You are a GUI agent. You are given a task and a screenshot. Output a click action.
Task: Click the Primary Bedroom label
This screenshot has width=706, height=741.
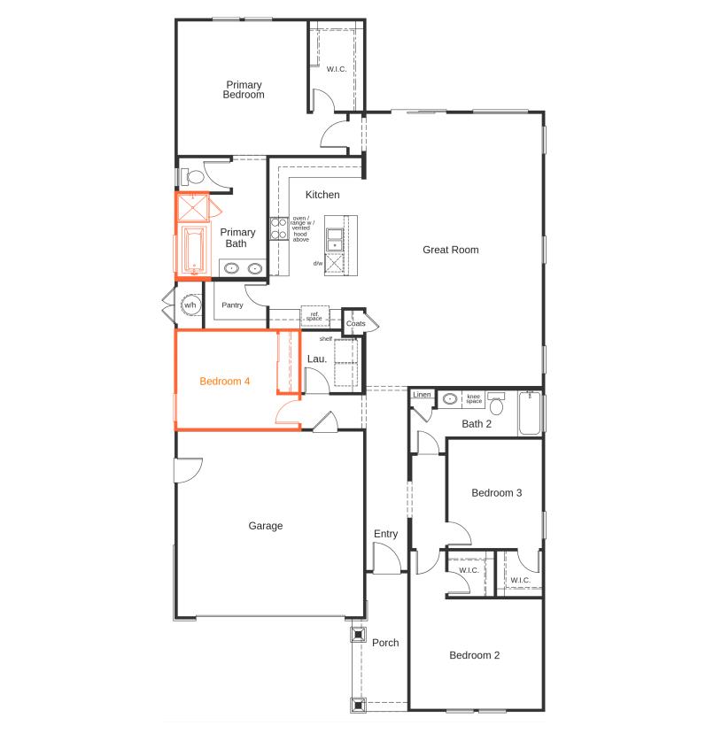click(x=243, y=89)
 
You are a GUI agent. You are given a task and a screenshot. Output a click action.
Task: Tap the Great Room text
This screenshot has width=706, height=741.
click(x=450, y=250)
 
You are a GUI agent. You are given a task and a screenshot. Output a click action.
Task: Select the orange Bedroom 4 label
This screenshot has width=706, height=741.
click(x=224, y=382)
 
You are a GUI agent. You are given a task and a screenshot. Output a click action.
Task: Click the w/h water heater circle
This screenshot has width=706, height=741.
click(x=190, y=305)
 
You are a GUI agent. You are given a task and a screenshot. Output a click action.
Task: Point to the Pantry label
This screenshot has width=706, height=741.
click(x=232, y=305)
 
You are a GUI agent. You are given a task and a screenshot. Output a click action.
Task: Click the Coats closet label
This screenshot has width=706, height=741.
click(x=355, y=324)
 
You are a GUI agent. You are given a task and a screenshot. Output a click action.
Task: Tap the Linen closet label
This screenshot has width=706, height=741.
click(x=421, y=395)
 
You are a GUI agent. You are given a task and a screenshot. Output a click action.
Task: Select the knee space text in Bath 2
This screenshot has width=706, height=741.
click(x=474, y=399)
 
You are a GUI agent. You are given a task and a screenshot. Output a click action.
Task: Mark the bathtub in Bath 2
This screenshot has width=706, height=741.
click(x=530, y=414)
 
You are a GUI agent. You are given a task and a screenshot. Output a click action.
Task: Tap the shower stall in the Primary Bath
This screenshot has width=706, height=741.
click(x=192, y=207)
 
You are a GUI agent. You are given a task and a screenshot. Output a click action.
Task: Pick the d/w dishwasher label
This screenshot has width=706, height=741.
click(x=317, y=263)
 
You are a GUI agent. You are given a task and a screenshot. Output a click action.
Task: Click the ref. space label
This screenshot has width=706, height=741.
click(x=314, y=315)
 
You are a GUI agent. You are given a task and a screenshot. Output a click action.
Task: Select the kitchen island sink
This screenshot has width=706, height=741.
click(x=335, y=238)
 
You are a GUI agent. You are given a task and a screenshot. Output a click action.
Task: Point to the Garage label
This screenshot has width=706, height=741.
click(x=265, y=526)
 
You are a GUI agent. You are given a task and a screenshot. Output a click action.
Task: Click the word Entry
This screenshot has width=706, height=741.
click(x=385, y=534)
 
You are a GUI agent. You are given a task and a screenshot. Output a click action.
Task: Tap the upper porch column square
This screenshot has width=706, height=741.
click(x=358, y=635)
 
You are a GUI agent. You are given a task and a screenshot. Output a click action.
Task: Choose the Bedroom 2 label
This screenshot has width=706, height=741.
click(x=474, y=656)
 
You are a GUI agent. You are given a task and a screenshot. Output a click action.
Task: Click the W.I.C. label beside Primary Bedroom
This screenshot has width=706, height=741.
click(x=336, y=69)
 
